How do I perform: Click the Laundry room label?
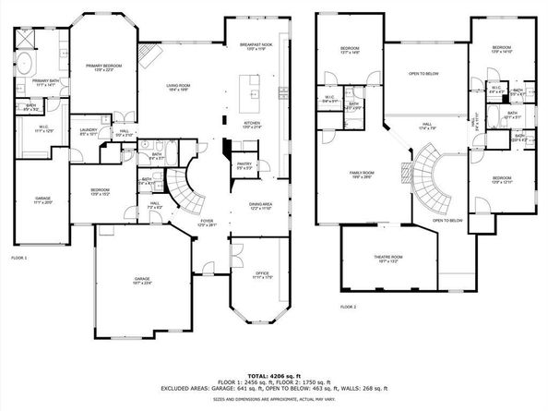pos(89,132)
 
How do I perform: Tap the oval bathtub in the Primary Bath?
pos(25,65)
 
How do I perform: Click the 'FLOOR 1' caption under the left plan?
pos(18,257)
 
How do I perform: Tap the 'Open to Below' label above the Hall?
pos(423,73)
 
